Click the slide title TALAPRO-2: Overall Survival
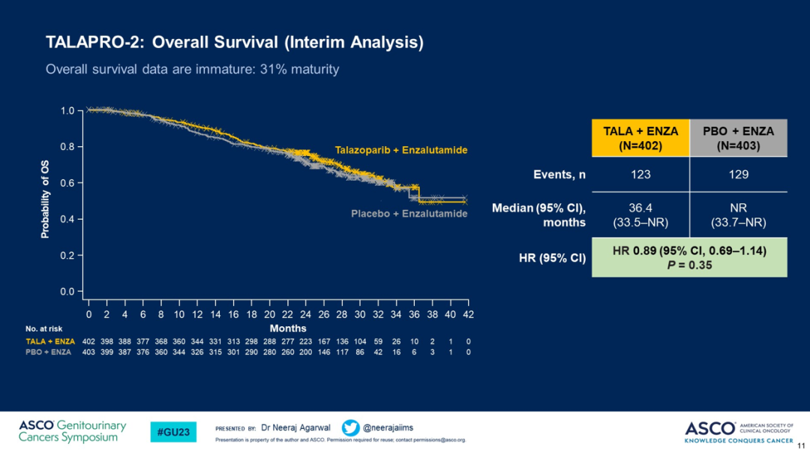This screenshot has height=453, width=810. [234, 43]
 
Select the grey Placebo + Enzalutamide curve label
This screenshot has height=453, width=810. [409, 214]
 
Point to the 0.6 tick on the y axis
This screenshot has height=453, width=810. [67, 183]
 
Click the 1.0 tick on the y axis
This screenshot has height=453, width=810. [67, 111]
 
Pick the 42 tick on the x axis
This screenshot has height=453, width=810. [468, 313]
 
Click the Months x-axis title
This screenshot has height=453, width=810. [288, 328]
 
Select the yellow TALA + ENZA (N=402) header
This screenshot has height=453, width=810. [640, 138]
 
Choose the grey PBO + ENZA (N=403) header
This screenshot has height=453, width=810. [739, 138]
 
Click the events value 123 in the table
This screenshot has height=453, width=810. [640, 175]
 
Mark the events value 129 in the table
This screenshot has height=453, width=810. [739, 175]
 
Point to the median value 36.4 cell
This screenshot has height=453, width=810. [640, 214]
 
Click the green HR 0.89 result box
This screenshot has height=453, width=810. [689, 257]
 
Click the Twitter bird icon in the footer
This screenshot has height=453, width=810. [350, 427]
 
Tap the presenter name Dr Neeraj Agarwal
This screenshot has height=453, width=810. [295, 427]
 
